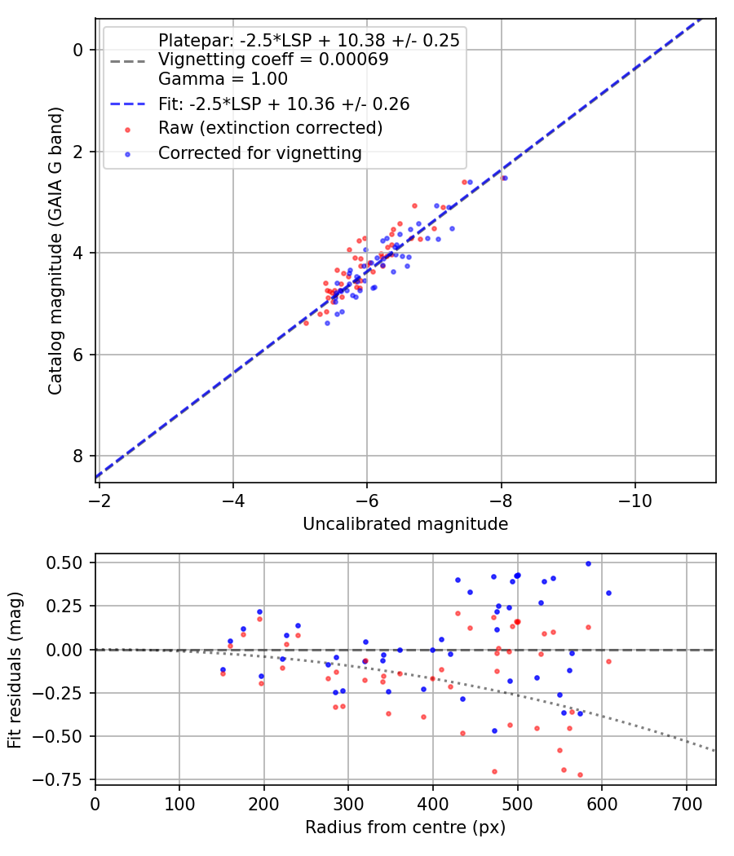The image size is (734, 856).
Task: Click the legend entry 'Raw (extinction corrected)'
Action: click(x=270, y=128)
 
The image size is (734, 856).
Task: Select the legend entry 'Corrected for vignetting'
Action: click(x=259, y=152)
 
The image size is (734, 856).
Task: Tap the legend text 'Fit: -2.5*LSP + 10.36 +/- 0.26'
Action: click(x=284, y=104)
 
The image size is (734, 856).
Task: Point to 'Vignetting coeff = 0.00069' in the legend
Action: click(x=273, y=60)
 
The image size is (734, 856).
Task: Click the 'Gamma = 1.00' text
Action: click(x=223, y=79)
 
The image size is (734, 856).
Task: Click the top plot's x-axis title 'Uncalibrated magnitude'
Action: click(x=405, y=524)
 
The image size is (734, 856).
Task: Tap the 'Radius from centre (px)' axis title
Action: click(x=405, y=827)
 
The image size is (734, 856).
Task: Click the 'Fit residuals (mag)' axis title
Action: click(x=15, y=670)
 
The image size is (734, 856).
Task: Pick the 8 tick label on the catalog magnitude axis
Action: click(x=79, y=456)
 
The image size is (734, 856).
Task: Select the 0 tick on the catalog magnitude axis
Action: click(x=79, y=50)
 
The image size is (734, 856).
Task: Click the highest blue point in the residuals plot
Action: click(x=588, y=563)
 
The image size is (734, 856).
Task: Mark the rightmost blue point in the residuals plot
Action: click(x=608, y=593)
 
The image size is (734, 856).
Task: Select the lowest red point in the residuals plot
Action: click(x=580, y=774)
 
